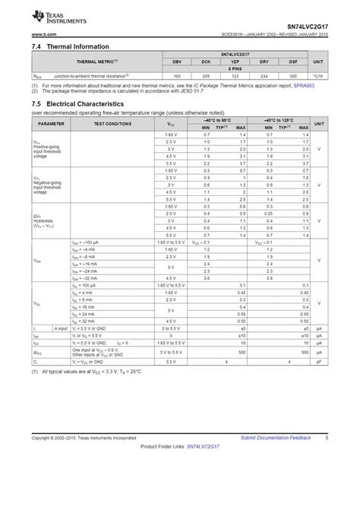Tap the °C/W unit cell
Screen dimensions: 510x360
pos(318,77)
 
